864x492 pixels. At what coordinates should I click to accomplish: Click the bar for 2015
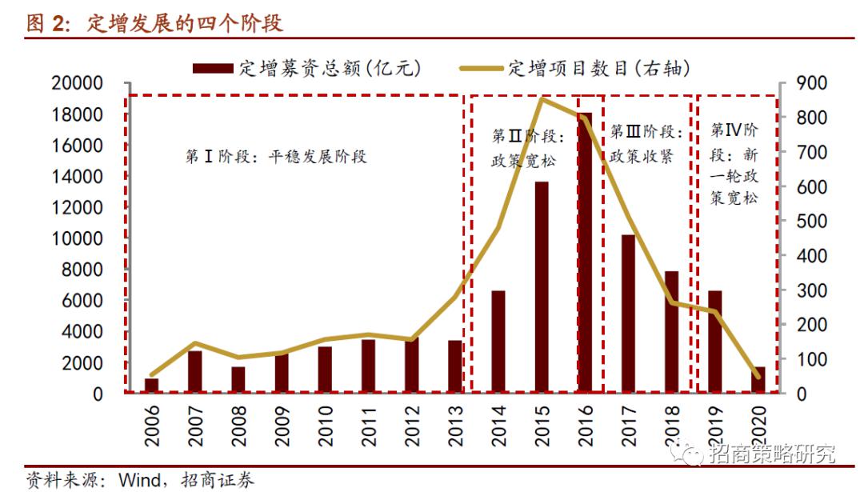point(542,287)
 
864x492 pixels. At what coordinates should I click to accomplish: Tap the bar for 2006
point(151,386)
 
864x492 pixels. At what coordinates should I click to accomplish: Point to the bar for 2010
point(325,370)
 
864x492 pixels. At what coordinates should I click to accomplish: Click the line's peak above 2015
point(542,99)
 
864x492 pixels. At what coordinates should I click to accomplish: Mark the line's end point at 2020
point(758,376)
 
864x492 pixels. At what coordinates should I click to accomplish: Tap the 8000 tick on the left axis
point(81,270)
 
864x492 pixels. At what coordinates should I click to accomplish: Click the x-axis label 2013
point(455,425)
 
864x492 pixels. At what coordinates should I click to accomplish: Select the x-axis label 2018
point(672,425)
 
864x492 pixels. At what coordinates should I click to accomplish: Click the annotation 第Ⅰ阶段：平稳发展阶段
point(276,157)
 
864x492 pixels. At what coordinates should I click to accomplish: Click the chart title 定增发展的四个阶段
point(184,24)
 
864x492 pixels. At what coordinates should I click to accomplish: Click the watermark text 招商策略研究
point(772,454)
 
